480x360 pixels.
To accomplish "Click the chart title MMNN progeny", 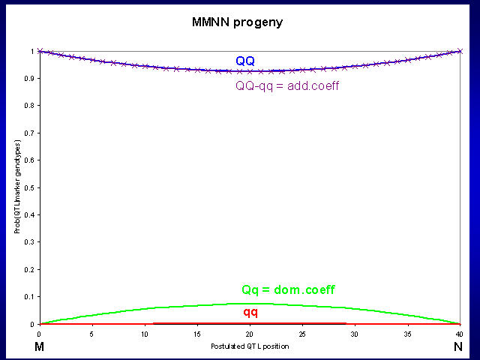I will (x=237, y=22).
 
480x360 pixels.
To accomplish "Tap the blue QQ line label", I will (x=245, y=61).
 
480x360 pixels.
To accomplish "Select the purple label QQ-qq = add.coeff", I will (x=288, y=85).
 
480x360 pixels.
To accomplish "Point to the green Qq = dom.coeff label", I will (x=288, y=290).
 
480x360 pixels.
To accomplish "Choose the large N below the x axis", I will (x=458, y=346).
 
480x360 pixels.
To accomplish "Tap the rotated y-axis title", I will (x=16, y=187).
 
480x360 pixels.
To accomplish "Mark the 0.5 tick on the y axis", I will (x=30, y=187).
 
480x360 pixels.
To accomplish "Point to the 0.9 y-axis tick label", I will (x=30, y=78).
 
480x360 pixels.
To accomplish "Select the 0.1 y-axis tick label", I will (x=30, y=297).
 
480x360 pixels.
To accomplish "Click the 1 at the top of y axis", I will (x=33, y=51).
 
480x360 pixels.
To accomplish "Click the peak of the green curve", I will (x=249, y=304).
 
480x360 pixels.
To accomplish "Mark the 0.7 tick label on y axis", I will (x=30, y=133).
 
